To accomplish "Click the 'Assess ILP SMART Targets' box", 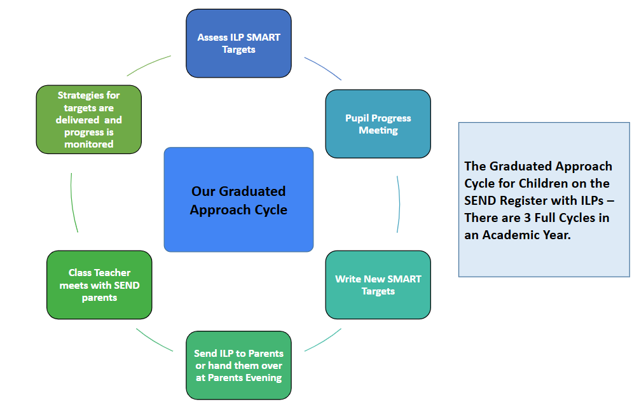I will (238, 43).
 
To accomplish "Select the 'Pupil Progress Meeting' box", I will (378, 124).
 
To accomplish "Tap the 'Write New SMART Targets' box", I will (378, 285).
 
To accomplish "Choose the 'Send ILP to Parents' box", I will (238, 365).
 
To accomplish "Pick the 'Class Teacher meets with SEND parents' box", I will (99, 285).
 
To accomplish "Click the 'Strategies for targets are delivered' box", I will (88, 120).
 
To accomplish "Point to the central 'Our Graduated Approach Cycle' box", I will (238, 200).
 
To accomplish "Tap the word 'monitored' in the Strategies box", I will (89, 144).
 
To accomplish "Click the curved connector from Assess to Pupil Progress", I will (322, 67).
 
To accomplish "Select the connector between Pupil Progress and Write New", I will (399, 204).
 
